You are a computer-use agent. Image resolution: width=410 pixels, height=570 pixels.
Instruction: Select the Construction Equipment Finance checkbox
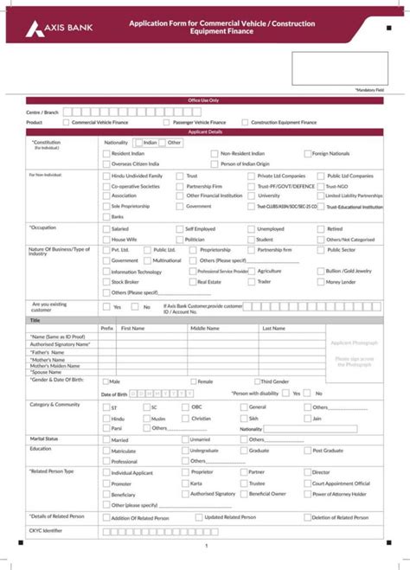[x=245, y=123]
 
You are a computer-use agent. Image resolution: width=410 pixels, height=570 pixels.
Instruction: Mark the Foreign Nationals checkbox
[x=306, y=153]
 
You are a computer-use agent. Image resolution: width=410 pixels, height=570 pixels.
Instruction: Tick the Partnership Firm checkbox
[x=181, y=186]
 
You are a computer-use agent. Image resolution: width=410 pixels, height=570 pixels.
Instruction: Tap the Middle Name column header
[x=205, y=329]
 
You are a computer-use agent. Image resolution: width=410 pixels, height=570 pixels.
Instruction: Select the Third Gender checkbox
[x=256, y=381]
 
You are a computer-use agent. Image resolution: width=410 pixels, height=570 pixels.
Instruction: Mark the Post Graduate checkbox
[x=306, y=451]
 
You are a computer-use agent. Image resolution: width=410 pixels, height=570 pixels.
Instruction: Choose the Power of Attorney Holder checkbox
[x=306, y=494]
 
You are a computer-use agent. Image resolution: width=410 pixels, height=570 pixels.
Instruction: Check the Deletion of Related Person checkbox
[x=306, y=516]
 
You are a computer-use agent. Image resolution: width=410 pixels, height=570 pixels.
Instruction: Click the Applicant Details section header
[x=205, y=131]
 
